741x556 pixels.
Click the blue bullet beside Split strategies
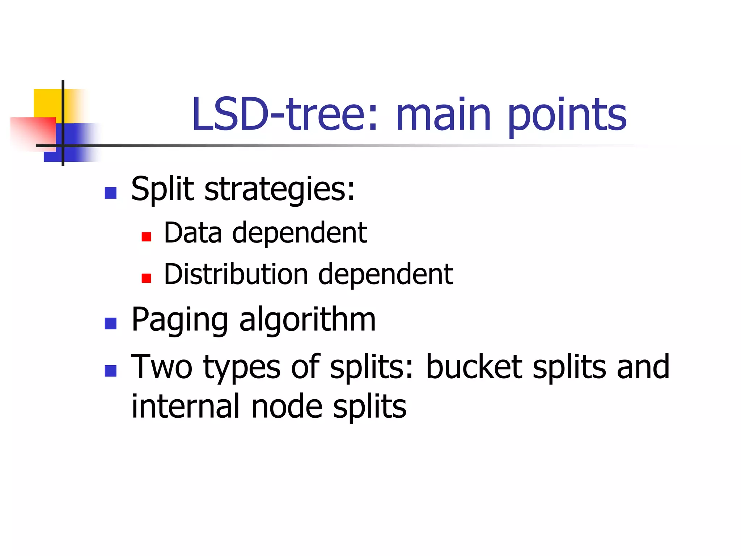[x=110, y=193]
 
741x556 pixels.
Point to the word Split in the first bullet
[x=162, y=189]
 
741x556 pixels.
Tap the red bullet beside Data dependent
[x=146, y=237]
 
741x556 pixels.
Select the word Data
[x=193, y=233]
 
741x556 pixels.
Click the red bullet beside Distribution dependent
[x=146, y=278]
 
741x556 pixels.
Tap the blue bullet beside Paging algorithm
[x=110, y=323]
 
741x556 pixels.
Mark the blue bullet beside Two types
[x=110, y=371]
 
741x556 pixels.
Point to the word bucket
[x=474, y=367]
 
